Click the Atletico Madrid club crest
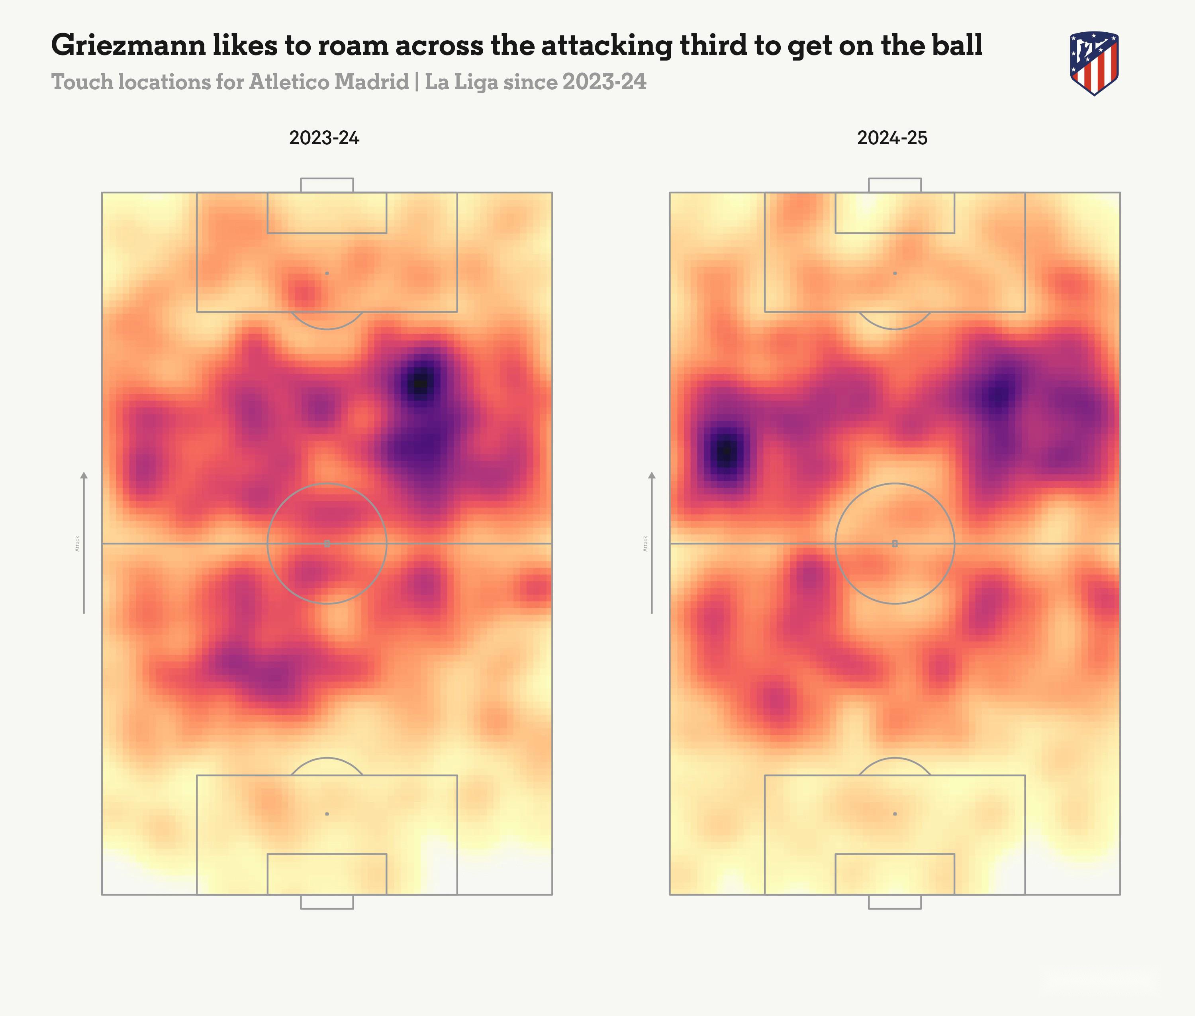(1094, 63)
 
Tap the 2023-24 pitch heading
(324, 138)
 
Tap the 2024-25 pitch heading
(892, 138)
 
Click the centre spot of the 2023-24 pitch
(327, 543)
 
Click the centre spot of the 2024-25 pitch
(894, 543)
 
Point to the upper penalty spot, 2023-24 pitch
(327, 273)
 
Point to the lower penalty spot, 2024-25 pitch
(894, 814)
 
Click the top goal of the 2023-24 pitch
(327, 185)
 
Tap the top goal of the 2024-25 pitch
(894, 185)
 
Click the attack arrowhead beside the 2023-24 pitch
(84, 476)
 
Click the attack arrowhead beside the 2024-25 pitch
(652, 476)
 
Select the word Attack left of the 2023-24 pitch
(78, 543)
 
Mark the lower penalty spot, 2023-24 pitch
(327, 814)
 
